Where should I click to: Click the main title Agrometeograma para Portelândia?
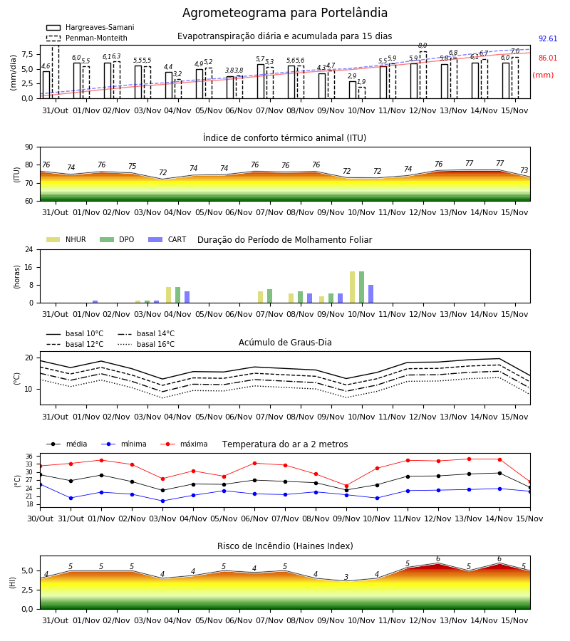tap(285, 13)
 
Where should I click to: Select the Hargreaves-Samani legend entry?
tap(90, 27)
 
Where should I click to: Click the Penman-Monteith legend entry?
tap(87, 38)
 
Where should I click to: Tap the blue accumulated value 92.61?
tap(548, 39)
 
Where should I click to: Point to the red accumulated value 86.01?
tap(548, 58)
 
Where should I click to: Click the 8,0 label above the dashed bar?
tap(423, 46)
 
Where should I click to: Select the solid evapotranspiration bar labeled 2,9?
tap(353, 90)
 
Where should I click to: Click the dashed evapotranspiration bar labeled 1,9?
tap(362, 93)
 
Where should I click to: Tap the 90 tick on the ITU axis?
tap(29, 147)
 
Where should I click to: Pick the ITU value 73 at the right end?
tap(524, 170)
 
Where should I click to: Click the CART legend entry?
tap(167, 239)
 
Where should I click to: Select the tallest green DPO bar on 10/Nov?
tap(362, 287)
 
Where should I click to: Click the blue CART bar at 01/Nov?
tap(95, 302)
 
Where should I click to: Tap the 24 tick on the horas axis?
tap(29, 249)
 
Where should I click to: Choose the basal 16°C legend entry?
tap(146, 344)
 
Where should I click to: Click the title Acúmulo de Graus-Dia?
tap(285, 342)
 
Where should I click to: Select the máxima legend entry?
tap(184, 444)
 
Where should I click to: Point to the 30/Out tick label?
tap(41, 518)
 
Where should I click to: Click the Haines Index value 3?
tap(346, 577)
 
